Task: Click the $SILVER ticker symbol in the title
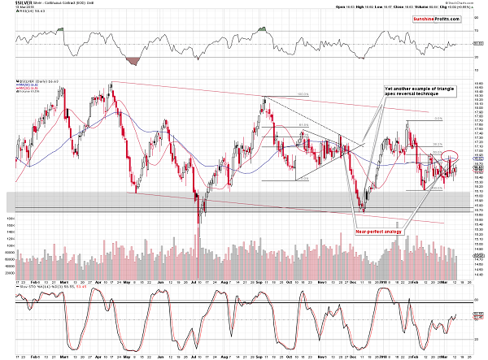pyautogui.click(x=11, y=3)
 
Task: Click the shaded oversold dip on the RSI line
pyautogui.click(x=133, y=60)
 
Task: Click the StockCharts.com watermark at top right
pyautogui.click(x=457, y=4)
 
